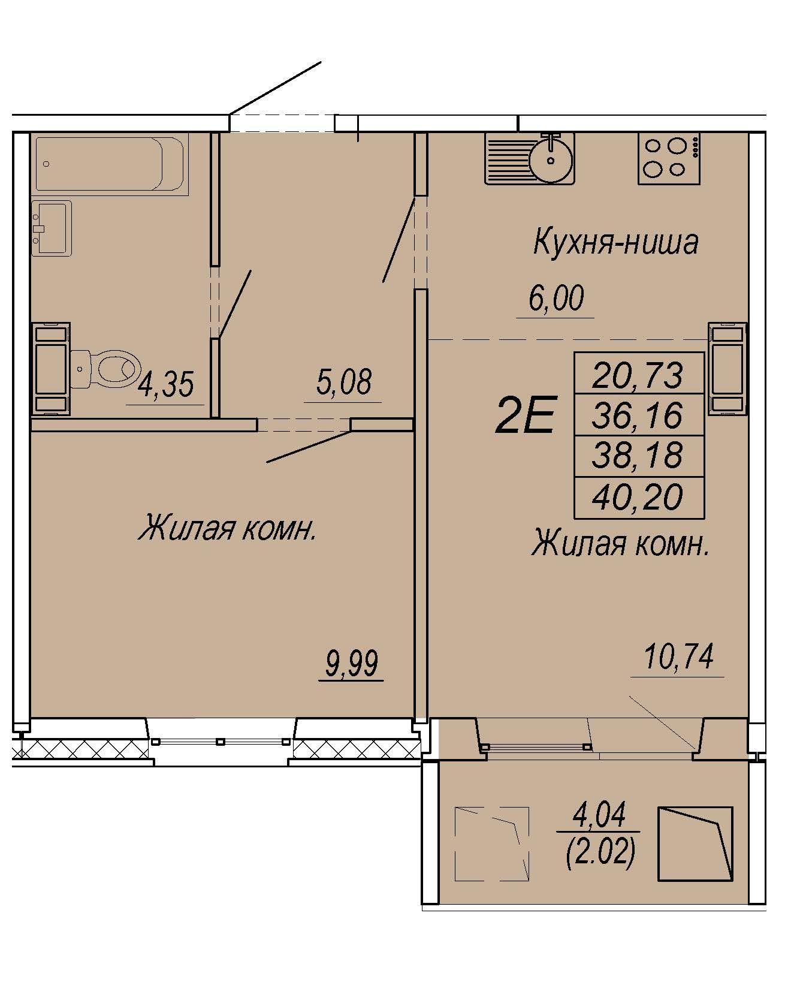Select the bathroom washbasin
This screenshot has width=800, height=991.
tap(51, 228)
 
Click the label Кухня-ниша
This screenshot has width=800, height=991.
tap(615, 243)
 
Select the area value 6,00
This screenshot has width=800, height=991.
tap(556, 299)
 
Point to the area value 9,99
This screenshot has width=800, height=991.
tap(351, 664)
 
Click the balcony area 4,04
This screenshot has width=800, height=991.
tap(599, 815)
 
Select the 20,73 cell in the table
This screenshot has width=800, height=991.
tap(639, 373)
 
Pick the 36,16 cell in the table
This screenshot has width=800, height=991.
tap(639, 415)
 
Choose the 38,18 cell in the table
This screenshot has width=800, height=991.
tap(639, 456)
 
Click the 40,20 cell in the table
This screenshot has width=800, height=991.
tap(639, 498)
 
